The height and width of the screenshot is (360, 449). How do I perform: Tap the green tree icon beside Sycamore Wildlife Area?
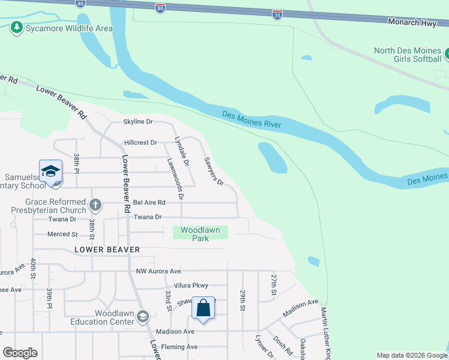coord(17,28)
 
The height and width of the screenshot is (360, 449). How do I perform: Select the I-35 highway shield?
coord(277,14)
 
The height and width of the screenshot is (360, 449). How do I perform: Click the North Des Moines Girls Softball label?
coord(408,55)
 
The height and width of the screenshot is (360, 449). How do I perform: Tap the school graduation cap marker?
coord(51,170)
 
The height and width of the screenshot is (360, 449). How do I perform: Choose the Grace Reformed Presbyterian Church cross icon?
coord(95,206)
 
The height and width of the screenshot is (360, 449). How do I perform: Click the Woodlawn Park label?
coord(200,234)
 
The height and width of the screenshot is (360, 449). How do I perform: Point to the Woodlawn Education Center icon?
coord(143,316)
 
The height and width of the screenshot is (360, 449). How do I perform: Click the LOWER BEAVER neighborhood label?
coord(107,250)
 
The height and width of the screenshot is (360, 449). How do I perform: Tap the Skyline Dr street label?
coord(138,122)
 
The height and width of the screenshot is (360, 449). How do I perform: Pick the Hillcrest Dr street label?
coord(140,143)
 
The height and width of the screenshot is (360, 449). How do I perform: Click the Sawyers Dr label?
coord(214,172)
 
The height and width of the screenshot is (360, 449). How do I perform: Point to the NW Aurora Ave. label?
coord(158,271)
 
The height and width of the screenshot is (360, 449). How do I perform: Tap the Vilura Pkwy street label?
coord(190,286)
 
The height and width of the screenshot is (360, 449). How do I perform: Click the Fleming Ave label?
coord(176,347)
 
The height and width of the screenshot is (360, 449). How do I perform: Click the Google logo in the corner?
coord(20,352)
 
